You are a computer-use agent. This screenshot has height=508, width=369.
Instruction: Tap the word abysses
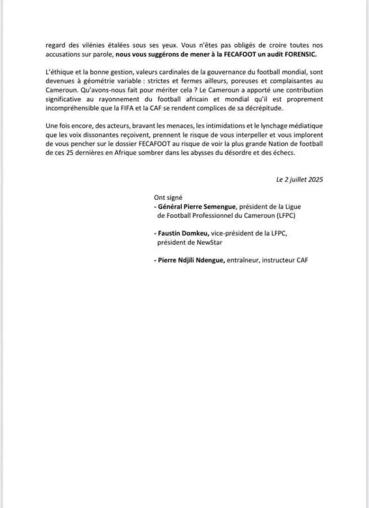pyautogui.click(x=222, y=153)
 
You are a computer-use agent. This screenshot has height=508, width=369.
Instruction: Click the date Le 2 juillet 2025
pyautogui.click(x=300, y=180)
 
